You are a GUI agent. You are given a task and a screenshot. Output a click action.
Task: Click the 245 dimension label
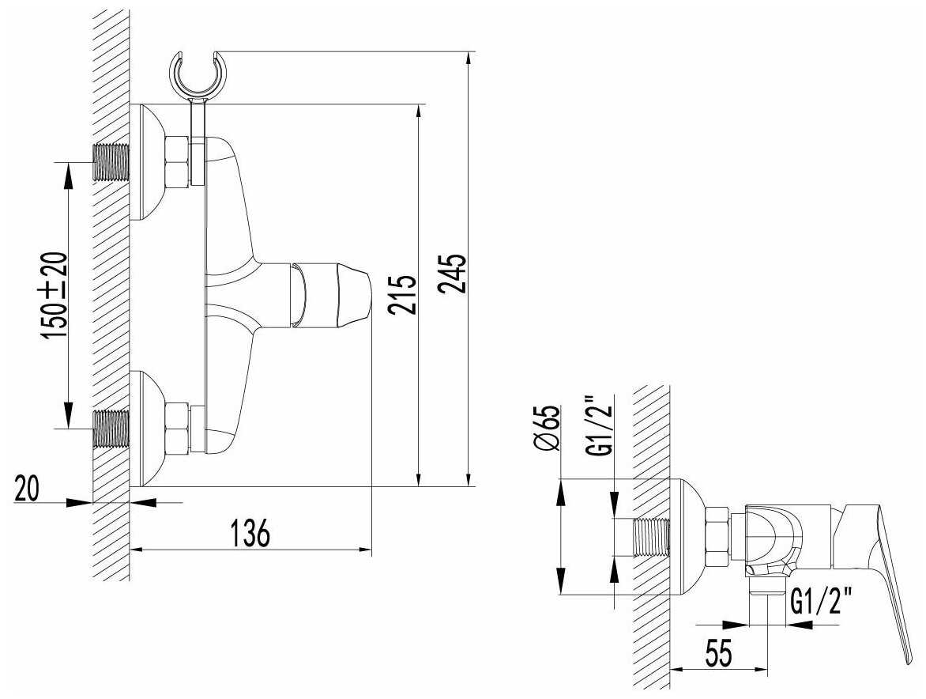(454, 274)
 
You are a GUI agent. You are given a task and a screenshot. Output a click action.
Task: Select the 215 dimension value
(402, 295)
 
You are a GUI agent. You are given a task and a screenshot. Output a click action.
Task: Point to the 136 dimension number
(250, 534)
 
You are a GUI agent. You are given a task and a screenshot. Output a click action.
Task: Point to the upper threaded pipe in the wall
(111, 164)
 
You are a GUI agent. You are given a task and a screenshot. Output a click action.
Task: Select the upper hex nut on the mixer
(177, 161)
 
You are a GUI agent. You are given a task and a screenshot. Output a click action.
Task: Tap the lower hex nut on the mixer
(177, 429)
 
